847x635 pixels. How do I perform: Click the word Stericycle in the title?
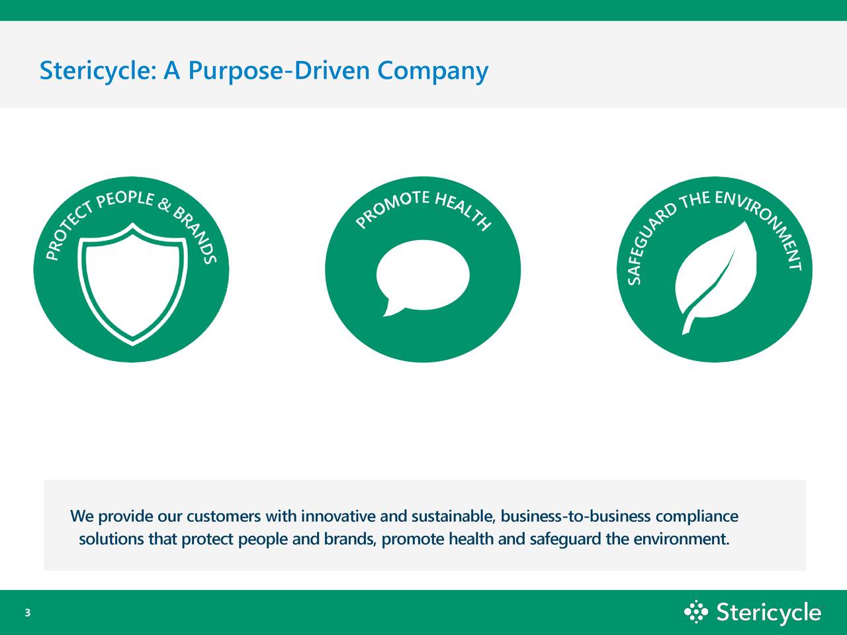tap(97, 70)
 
